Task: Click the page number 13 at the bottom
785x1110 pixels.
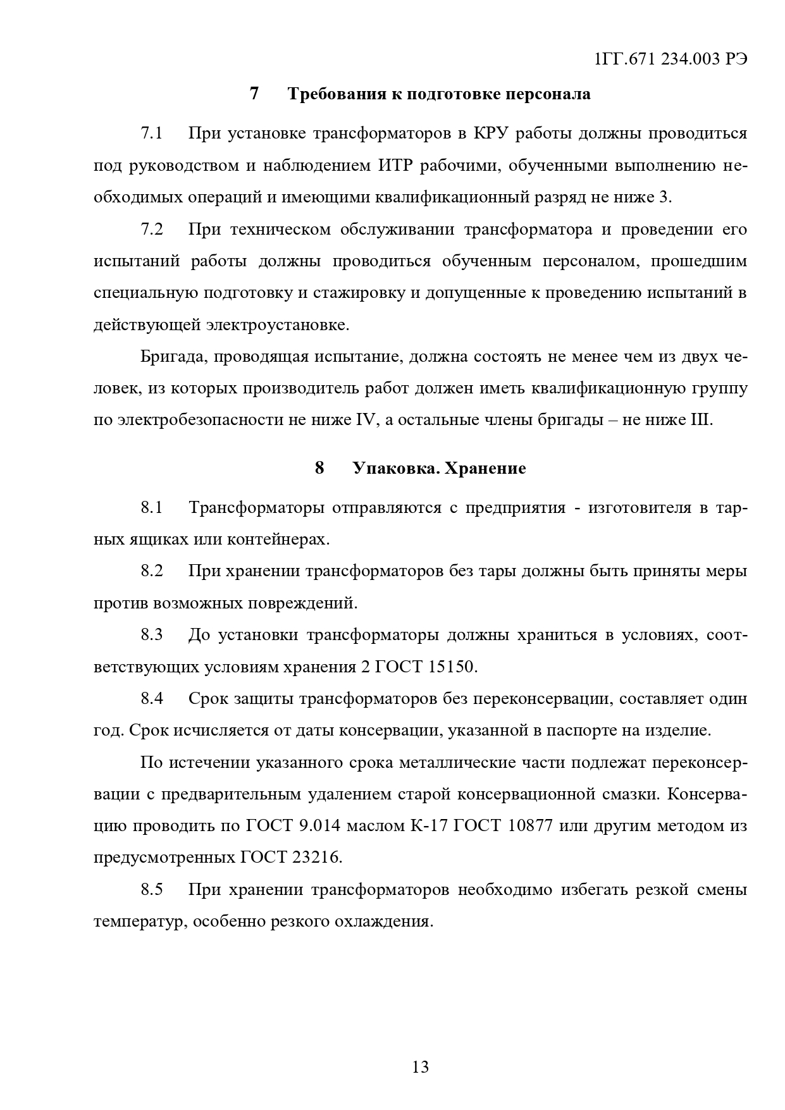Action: (x=421, y=1067)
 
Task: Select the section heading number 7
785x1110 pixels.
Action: (x=254, y=94)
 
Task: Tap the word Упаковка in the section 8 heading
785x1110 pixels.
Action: (x=392, y=469)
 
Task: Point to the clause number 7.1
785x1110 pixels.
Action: (x=152, y=134)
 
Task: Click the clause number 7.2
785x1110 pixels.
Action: (x=152, y=230)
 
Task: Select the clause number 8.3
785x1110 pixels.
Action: (x=152, y=635)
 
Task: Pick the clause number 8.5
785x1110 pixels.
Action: (x=152, y=889)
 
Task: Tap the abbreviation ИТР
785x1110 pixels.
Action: (x=396, y=166)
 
